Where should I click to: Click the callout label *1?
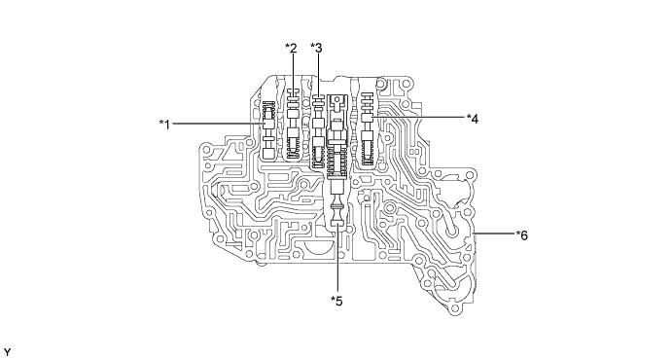tap(164, 125)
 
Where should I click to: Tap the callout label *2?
tap(291, 48)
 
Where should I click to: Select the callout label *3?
tap(316, 48)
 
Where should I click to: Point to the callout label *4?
tap(473, 119)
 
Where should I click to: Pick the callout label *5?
tap(336, 301)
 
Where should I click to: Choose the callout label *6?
tap(522, 234)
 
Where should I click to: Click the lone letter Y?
tap(7, 352)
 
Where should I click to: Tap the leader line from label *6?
tap(495, 234)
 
